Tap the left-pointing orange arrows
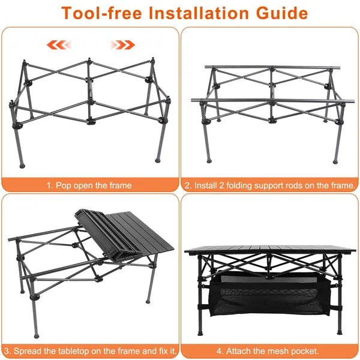tap(61, 44)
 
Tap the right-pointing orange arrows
tap(123, 44)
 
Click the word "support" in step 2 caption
tap(266, 185)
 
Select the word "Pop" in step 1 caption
tap(62, 185)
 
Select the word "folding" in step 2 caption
tap(237, 185)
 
